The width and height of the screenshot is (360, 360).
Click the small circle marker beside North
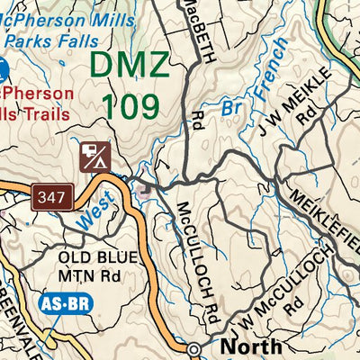pyautogui.click(x=194, y=349)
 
